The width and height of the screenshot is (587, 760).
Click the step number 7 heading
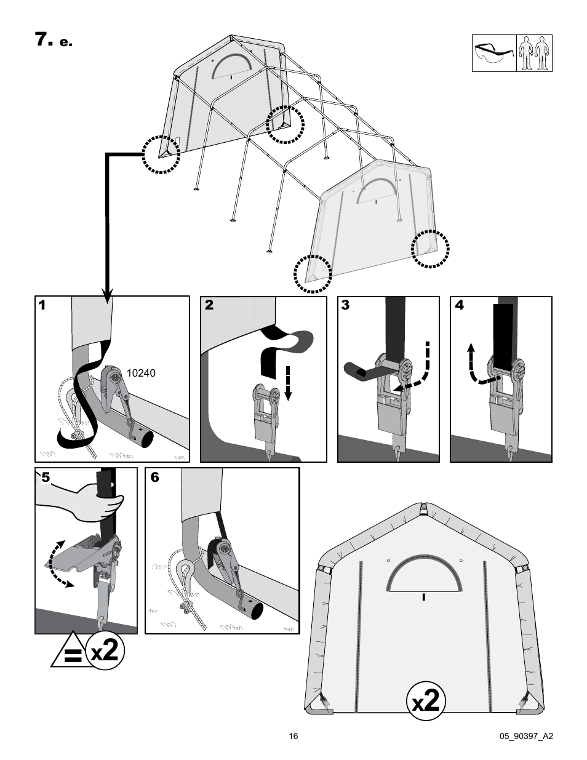42,40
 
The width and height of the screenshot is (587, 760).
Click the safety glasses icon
493,54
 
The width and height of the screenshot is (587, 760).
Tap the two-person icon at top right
533,54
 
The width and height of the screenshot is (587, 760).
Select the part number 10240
141,372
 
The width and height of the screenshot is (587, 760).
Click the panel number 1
42,305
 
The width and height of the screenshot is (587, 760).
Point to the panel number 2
209,305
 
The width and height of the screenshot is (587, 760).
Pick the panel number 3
345,305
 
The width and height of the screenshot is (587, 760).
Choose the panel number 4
459,305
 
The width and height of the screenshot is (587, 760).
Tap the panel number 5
42,478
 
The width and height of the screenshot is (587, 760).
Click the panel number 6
154,478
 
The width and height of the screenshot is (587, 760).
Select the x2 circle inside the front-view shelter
426,701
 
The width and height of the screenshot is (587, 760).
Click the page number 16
293,736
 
